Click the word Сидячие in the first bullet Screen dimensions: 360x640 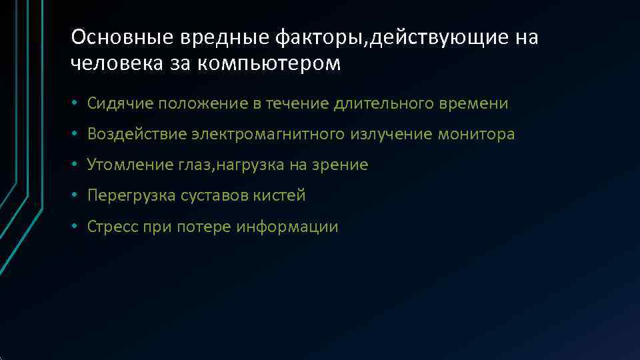click(x=116, y=103)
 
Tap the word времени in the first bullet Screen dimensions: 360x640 click(x=473, y=103)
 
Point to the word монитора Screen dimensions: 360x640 click(x=476, y=134)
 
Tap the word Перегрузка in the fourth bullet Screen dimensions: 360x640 click(x=131, y=195)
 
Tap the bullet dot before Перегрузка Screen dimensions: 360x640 click(x=77, y=196)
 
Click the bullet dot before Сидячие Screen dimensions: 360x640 click(x=77, y=104)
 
